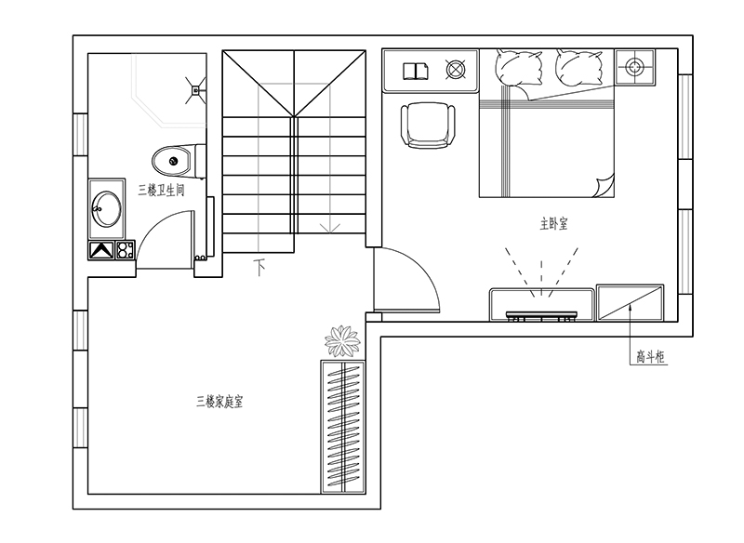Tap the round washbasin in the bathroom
tap(106, 208)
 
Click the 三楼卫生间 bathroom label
tap(161, 191)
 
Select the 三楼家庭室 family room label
tap(219, 402)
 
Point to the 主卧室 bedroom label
tap(553, 223)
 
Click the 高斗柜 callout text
tap(650, 357)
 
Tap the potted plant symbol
tap(342, 341)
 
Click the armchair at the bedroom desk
tap(428, 126)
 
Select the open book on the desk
tap(416, 72)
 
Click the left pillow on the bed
tap(519, 69)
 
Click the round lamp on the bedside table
tap(634, 67)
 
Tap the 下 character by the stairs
tap(259, 268)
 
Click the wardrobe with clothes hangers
tap(343, 427)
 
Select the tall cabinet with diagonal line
tap(630, 303)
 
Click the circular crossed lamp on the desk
tap(456, 70)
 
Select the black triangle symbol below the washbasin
tap(101, 250)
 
